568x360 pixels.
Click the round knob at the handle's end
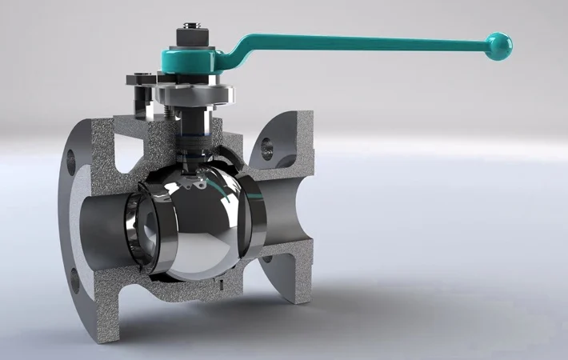tap(500, 46)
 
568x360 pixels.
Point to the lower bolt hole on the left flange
tap(74, 281)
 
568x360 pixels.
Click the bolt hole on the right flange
tap(266, 146)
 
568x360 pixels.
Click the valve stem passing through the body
tap(193, 128)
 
